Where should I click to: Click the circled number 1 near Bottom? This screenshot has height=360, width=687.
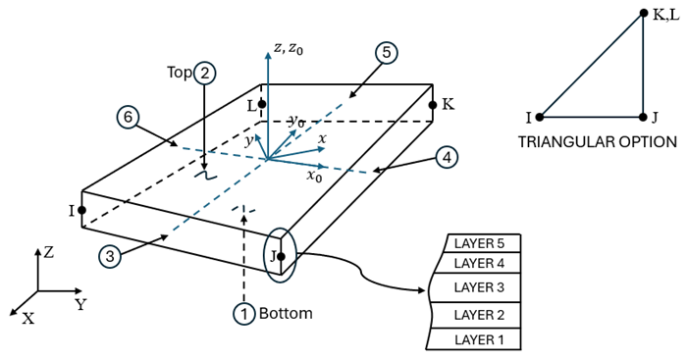(x=242, y=314)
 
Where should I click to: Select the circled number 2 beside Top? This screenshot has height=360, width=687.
(x=204, y=72)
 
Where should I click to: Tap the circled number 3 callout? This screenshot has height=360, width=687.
(x=114, y=254)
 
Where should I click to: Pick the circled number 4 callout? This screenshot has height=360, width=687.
(x=446, y=155)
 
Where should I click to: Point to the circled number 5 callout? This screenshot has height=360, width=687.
(x=387, y=53)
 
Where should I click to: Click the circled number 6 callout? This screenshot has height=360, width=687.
(x=126, y=117)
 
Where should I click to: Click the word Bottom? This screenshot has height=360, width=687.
(x=286, y=314)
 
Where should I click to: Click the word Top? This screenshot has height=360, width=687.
(x=179, y=73)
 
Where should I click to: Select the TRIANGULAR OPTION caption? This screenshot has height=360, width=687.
(x=597, y=142)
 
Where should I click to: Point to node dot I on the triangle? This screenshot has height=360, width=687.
(x=541, y=117)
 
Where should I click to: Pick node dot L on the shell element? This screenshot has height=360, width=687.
(x=262, y=103)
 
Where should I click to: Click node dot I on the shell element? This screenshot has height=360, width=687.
(x=81, y=210)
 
